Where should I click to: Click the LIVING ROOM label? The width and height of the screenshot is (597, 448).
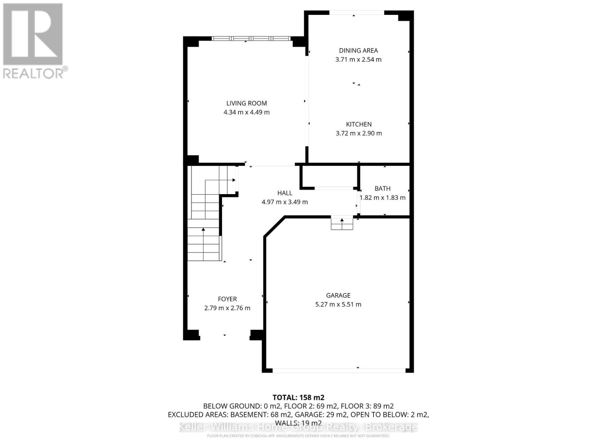tap(247, 103)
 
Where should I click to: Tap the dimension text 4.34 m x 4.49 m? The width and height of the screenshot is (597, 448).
tap(247, 112)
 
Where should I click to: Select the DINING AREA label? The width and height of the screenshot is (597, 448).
tap(358, 50)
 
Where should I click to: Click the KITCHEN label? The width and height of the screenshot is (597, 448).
tap(359, 124)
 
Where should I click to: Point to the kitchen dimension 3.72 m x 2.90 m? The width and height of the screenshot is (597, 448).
tap(359, 133)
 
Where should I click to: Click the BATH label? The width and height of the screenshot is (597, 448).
tap(382, 189)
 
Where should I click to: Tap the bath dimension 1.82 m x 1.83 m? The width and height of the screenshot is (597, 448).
tap(382, 197)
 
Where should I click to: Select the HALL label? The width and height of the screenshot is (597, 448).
tap(285, 193)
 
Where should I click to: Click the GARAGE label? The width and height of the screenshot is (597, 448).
tap(338, 295)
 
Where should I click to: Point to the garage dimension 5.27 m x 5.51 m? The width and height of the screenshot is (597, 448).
tap(338, 304)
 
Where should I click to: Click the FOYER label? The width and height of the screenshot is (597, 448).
tap(227, 299)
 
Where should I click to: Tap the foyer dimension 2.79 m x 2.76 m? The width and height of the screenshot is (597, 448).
tap(227, 308)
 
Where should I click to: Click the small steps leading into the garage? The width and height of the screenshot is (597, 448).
tap(342, 223)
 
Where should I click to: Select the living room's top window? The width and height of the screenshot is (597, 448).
tap(251, 38)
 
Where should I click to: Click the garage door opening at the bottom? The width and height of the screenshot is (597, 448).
tap(338, 370)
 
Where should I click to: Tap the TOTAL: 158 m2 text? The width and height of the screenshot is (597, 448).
tap(298, 397)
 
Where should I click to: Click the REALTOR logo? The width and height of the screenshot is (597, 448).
tap(34, 41)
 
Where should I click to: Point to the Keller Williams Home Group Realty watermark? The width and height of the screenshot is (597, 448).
tap(298, 427)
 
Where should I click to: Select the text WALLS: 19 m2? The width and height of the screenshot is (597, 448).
tap(298, 423)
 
